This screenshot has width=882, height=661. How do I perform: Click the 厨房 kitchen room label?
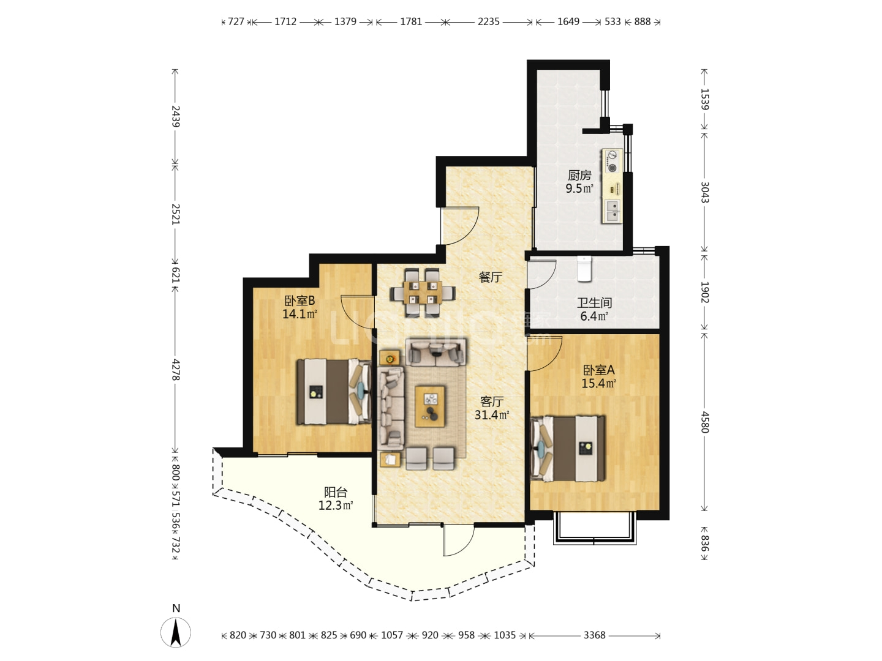(x=579, y=176)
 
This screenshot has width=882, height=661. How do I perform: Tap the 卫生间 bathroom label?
(x=594, y=302)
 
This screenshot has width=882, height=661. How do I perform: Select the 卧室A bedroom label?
(x=598, y=370)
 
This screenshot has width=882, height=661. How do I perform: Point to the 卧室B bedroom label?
(x=300, y=300)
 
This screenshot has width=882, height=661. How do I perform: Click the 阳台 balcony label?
(x=336, y=491)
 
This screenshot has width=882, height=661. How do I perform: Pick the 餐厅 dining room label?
(x=490, y=277)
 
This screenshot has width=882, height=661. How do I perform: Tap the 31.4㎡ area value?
(x=492, y=414)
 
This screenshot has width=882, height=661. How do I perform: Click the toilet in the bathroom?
(x=584, y=269)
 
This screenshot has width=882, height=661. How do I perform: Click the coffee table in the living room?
(x=430, y=406)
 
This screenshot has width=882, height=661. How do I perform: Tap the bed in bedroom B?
(x=334, y=391)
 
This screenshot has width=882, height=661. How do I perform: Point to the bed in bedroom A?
(x=568, y=449)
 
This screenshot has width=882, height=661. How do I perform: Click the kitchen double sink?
(x=612, y=211)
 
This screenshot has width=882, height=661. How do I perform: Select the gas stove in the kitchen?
(x=612, y=162)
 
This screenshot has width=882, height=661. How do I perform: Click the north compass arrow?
(x=176, y=632)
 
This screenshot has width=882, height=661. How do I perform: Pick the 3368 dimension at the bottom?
(x=594, y=635)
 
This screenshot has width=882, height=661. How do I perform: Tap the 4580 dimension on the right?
(x=704, y=422)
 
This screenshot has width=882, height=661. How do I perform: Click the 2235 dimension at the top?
(x=488, y=21)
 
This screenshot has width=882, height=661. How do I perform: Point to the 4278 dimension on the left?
(x=176, y=370)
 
